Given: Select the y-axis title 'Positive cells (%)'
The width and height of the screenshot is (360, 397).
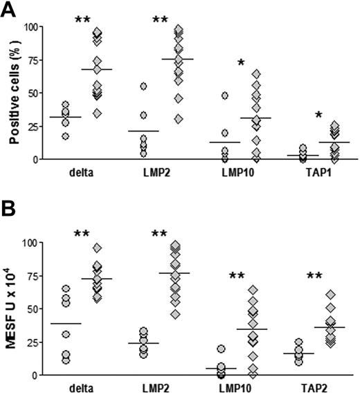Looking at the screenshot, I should point(15,93).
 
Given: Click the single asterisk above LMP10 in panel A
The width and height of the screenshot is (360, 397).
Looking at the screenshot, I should point(240,64).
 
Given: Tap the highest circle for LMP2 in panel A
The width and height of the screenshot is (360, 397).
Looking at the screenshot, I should point(143,86).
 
